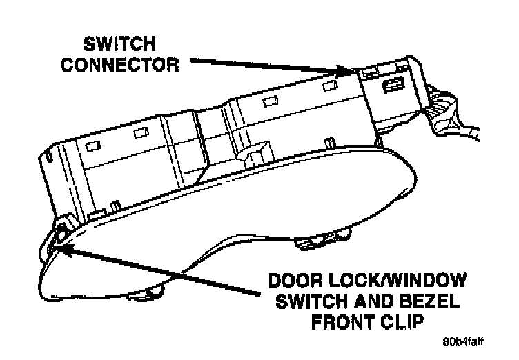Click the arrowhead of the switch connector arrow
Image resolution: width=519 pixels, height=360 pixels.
(348, 70)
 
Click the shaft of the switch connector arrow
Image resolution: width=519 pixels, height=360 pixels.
(262, 65)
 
